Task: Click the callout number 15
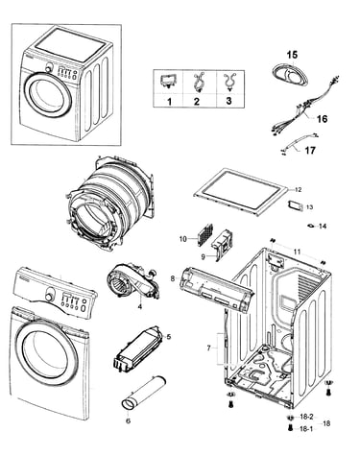[292, 55]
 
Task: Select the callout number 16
[322, 119]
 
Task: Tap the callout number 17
[310, 150]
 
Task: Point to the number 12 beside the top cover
[298, 190]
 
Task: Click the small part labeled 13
[296, 205]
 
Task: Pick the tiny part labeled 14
[310, 226]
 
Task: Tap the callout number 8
[173, 278]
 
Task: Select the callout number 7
[208, 348]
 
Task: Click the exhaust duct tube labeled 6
[144, 392]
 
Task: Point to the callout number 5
[169, 336]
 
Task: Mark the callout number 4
[140, 306]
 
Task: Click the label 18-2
[306, 417]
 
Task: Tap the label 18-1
[306, 429]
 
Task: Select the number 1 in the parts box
[169, 102]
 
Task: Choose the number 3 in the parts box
[228, 101]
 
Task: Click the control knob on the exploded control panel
[49, 297]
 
